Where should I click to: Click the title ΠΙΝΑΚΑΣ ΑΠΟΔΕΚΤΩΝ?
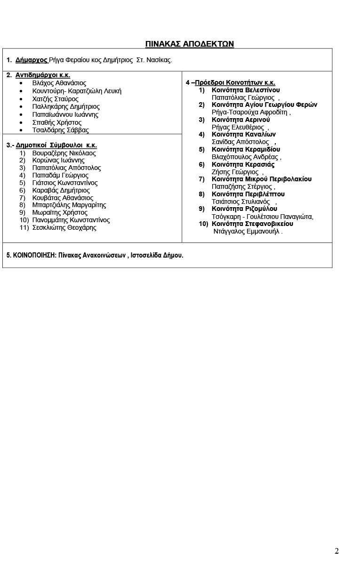coord(190,44)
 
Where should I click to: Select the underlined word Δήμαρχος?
coord(31,60)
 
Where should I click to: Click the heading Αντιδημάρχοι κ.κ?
coord(43,75)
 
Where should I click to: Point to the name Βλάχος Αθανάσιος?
coord(59,83)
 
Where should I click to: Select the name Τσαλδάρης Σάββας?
coord(60,130)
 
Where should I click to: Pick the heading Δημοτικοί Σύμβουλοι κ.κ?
coord(56,145)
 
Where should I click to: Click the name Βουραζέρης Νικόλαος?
coord(64,153)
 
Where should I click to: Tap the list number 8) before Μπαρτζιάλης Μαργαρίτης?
coord(22,205)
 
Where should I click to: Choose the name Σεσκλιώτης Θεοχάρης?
coord(64,227)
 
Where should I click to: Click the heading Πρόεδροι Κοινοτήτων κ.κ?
coord(235,83)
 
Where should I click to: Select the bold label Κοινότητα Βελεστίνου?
coord(246,90)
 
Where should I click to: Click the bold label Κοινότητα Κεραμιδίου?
coord(246,149)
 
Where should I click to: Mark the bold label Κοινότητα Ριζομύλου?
coord(244,209)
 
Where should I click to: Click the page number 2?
coord(336,551)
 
